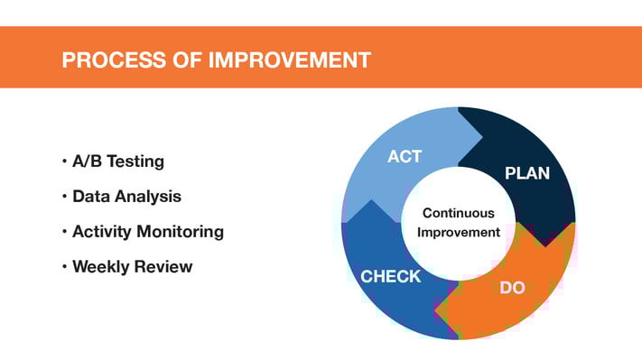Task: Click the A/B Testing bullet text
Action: pos(118,162)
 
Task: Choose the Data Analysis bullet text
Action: pos(126,197)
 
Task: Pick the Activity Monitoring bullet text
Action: pos(148,232)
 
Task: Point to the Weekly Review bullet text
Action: pos(132,267)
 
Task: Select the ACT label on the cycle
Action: pos(405,157)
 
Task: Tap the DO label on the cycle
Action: pos(513,288)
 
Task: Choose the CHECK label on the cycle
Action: pos(391,277)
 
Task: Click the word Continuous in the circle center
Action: pos(459,214)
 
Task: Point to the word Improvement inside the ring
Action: pos(459,233)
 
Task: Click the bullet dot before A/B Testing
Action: pos(65,162)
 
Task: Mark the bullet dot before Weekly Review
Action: pos(65,267)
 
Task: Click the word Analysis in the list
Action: pos(152,197)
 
